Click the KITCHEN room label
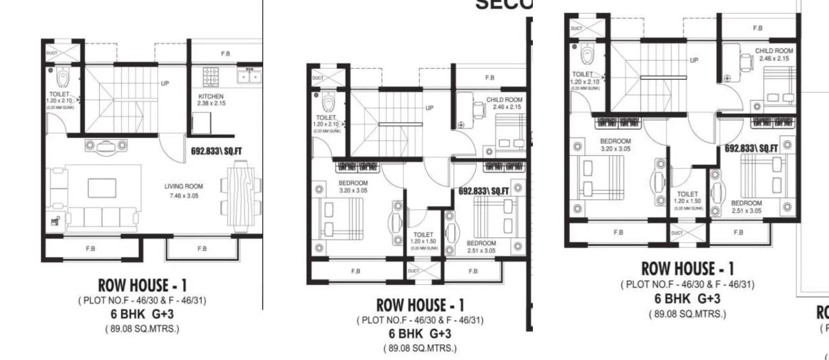211,96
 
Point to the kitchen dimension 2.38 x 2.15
211,103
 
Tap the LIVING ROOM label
183,186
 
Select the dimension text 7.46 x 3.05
183,195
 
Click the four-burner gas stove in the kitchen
211,77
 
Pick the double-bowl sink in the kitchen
249,77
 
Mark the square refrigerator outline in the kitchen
201,123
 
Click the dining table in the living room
241,199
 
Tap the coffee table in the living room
102,188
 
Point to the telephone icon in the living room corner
55,222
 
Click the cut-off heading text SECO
503,5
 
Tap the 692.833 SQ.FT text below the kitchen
216,151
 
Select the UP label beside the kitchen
165,83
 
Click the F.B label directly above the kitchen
225,54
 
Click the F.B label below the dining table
202,249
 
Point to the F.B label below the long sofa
90,249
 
